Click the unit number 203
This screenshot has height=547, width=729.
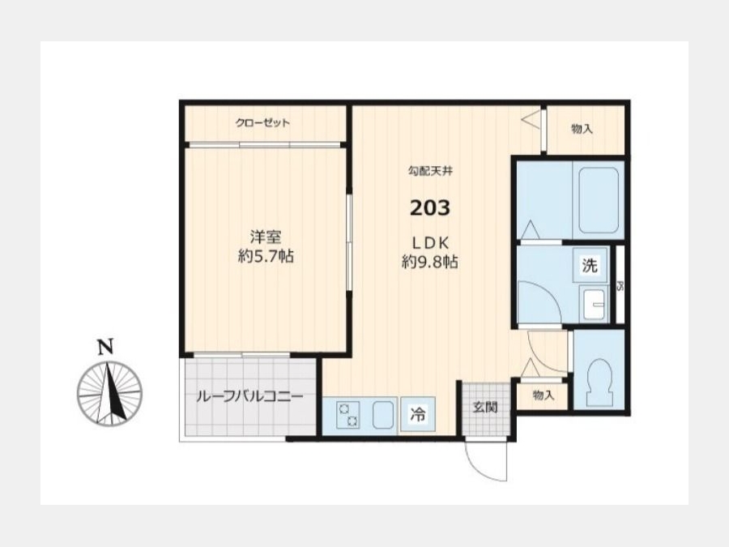[x=430, y=208]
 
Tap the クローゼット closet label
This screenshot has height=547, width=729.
[x=262, y=123]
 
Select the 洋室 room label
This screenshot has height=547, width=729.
[x=266, y=237]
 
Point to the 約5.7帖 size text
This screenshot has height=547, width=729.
[x=266, y=256]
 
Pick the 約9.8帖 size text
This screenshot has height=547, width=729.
[x=430, y=263]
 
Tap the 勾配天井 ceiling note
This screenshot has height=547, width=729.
[x=431, y=171]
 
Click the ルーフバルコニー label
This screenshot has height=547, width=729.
[x=249, y=397]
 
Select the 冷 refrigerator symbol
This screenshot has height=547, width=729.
[x=418, y=413]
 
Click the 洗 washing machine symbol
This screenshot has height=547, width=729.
[x=590, y=266]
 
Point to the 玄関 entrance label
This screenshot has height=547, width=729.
[x=485, y=408]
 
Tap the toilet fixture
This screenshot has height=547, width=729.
[x=599, y=382]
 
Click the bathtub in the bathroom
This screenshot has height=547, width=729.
[x=599, y=200]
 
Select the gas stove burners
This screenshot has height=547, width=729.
[x=348, y=415]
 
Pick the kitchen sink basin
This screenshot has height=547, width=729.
[x=382, y=414]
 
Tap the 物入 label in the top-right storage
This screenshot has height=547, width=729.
[x=582, y=129]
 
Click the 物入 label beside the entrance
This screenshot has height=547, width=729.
[x=544, y=395]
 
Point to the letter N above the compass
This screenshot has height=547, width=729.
[x=105, y=347]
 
